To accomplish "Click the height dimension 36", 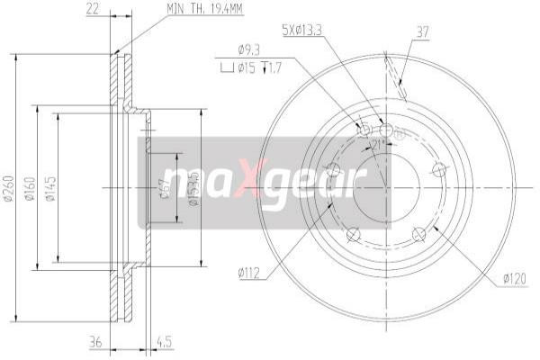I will coord(93,342).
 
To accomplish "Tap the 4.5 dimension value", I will coord(165,342).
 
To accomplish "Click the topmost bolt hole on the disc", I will coord(385,130).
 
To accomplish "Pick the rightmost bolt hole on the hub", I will coord(439,168).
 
